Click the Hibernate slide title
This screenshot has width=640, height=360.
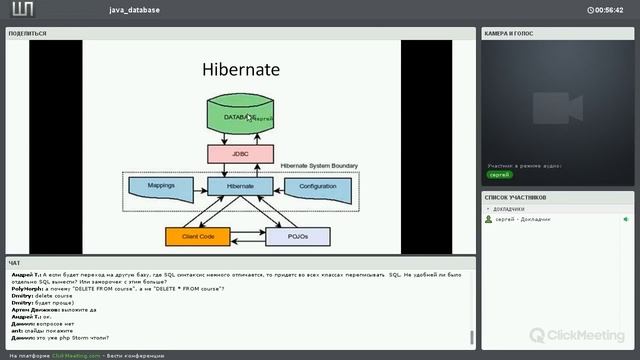click(241, 70)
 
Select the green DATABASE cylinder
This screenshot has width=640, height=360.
click(241, 117)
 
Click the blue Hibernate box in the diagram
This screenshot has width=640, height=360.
click(241, 186)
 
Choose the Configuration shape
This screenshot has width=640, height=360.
click(317, 186)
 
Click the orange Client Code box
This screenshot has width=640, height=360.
click(198, 237)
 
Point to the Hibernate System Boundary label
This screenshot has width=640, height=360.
click(319, 165)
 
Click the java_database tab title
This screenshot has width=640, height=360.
click(136, 10)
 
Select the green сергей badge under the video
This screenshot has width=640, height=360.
click(499, 174)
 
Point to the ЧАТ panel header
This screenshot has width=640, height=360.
click(14, 262)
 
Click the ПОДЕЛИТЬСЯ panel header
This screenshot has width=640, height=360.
click(27, 33)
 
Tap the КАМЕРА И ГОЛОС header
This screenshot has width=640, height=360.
click(511, 33)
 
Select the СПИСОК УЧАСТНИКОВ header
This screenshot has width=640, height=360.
click(517, 197)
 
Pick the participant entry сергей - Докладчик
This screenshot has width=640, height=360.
click(524, 219)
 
